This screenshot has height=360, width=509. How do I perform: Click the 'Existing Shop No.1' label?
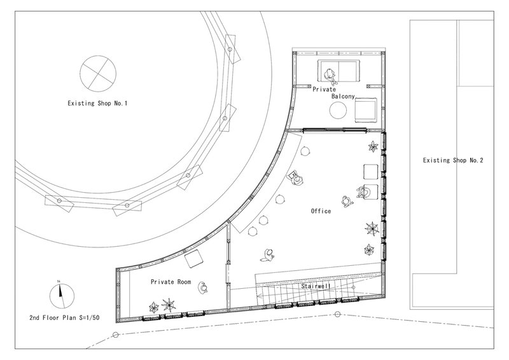[x=97, y=104]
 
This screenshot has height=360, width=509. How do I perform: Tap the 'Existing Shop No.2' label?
[x=453, y=160]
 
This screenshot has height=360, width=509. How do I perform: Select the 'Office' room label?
[x=321, y=211]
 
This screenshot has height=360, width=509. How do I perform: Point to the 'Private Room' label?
[x=171, y=282]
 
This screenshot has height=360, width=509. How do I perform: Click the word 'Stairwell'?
[x=316, y=286]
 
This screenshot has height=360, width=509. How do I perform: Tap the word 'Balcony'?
[x=343, y=97]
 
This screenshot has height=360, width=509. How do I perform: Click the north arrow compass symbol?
[x=62, y=296]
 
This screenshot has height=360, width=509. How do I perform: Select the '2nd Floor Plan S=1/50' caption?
[x=64, y=318]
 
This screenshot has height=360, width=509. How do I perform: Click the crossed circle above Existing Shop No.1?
[x=98, y=73]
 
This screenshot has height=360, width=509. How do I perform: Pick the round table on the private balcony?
[x=338, y=111]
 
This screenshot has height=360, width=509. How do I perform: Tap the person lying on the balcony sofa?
[x=330, y=76]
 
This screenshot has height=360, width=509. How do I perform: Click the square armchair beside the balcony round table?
[x=366, y=110]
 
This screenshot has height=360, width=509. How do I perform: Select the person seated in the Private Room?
[x=204, y=287]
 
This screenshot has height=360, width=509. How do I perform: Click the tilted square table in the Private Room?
[x=194, y=258]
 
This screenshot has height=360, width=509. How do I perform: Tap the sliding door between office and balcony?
[x=335, y=130]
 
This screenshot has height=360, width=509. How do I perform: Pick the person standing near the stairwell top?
[x=268, y=255]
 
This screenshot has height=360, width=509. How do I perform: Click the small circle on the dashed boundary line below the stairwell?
[x=338, y=314]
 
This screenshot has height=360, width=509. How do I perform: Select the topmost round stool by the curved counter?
[x=305, y=151]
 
